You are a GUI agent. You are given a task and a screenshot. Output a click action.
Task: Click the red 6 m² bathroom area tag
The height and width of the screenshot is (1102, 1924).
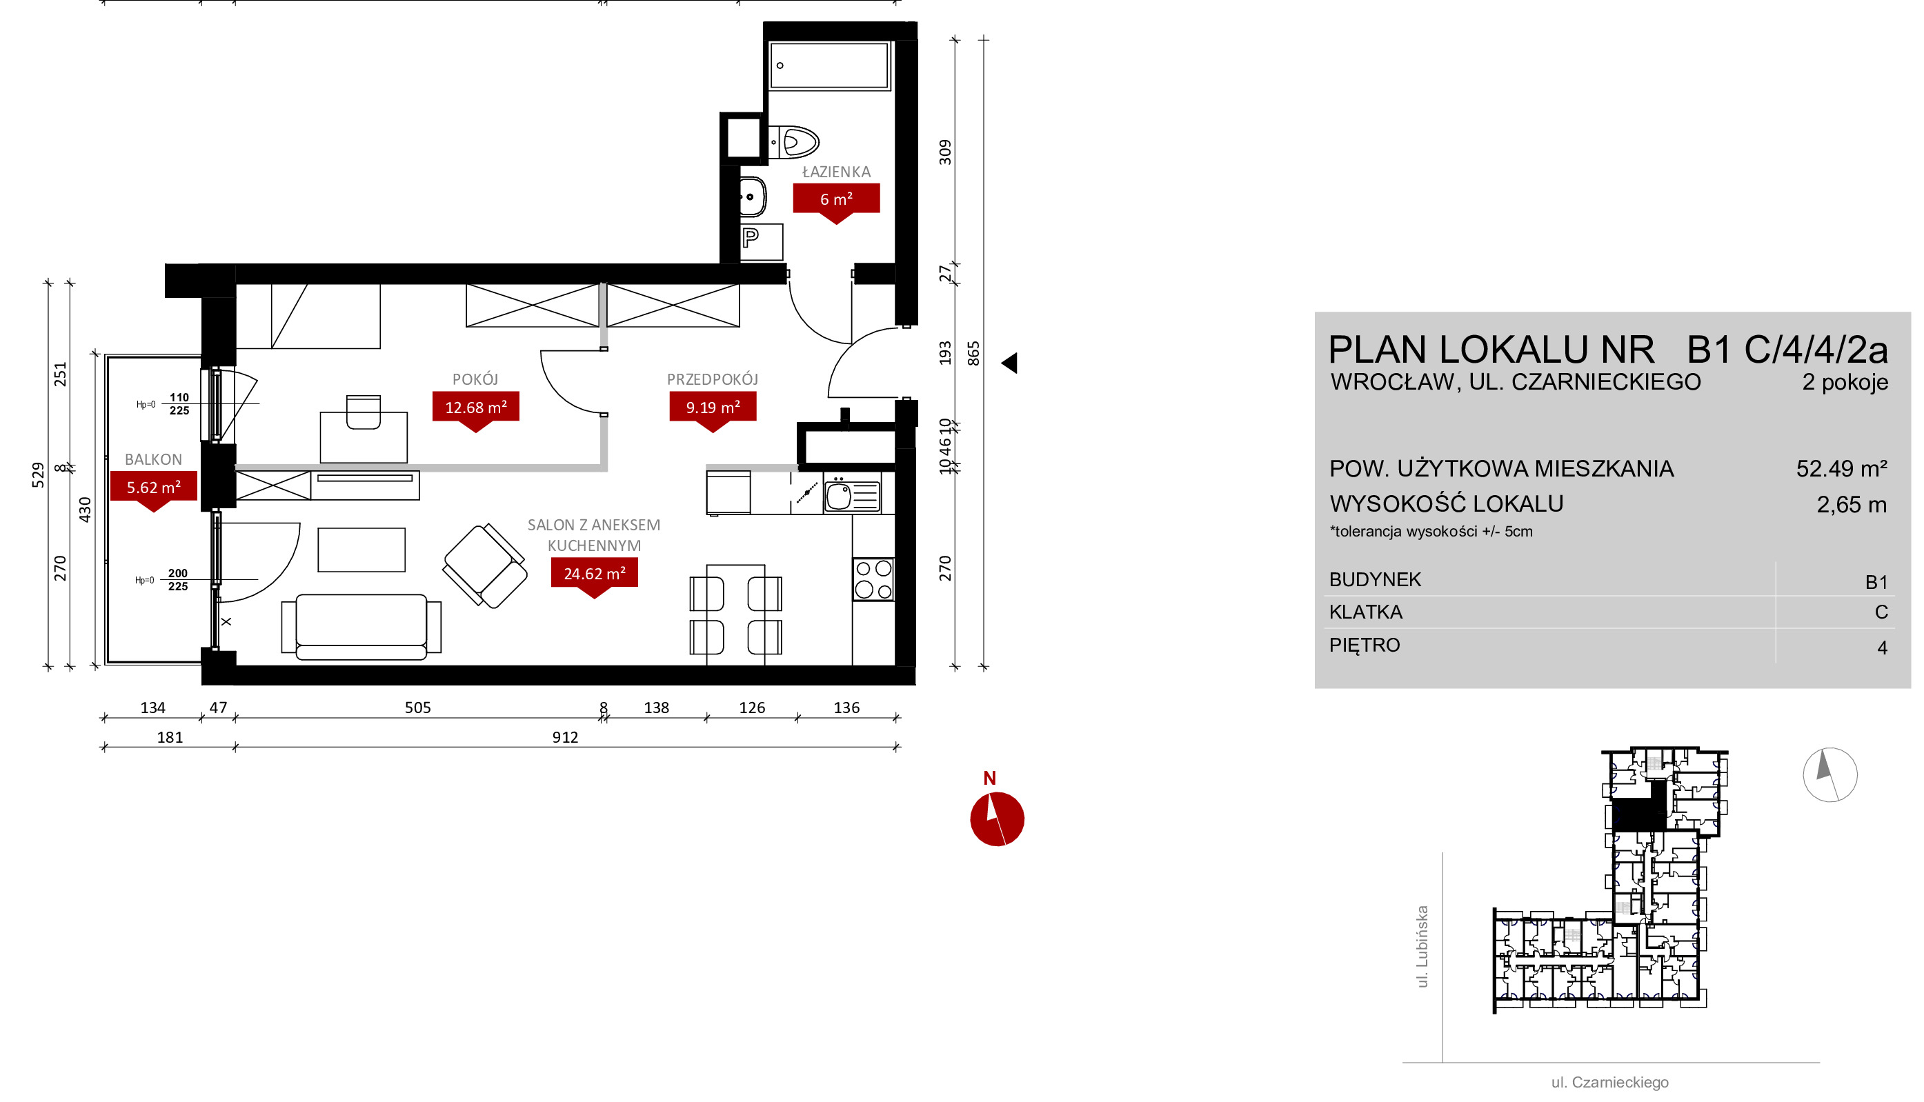click(x=835, y=201)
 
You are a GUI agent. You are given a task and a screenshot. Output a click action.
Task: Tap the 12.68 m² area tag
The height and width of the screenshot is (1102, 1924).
click(x=475, y=410)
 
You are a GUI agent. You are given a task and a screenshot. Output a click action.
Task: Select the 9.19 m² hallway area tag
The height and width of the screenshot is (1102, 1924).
click(x=712, y=410)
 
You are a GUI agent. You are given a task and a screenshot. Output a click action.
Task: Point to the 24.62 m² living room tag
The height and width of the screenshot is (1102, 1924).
click(x=594, y=576)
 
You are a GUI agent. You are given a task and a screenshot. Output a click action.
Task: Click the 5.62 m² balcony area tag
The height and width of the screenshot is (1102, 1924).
click(x=154, y=490)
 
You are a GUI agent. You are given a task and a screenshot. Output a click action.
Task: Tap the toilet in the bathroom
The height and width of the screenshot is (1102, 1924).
click(x=794, y=141)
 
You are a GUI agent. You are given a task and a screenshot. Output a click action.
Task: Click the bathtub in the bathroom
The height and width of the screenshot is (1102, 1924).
click(x=829, y=66)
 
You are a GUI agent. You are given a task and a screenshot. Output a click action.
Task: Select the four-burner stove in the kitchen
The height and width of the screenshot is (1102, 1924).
click(x=873, y=579)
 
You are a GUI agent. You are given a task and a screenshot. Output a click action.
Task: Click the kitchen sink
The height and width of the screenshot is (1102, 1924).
click(x=851, y=494)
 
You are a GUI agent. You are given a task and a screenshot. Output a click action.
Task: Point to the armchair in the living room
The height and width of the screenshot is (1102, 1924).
click(x=484, y=565)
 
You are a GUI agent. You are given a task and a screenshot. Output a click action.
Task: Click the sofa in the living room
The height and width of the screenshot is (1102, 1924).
click(x=361, y=626)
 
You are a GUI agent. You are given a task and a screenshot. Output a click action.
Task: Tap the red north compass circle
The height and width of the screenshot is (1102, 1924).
click(x=997, y=819)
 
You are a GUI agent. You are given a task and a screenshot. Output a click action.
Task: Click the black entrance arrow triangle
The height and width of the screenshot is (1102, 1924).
click(x=1010, y=363)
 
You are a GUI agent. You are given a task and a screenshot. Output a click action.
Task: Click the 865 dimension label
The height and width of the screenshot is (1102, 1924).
click(x=973, y=354)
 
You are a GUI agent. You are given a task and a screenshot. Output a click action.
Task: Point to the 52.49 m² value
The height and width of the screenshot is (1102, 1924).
click(x=1841, y=468)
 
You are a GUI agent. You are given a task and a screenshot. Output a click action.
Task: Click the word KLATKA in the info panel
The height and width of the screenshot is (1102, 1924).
click(x=1365, y=612)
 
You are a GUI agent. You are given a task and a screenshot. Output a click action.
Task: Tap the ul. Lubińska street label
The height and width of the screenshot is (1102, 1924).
click(x=1422, y=947)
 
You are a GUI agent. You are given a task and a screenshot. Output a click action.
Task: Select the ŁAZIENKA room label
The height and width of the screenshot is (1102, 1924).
click(x=836, y=172)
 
